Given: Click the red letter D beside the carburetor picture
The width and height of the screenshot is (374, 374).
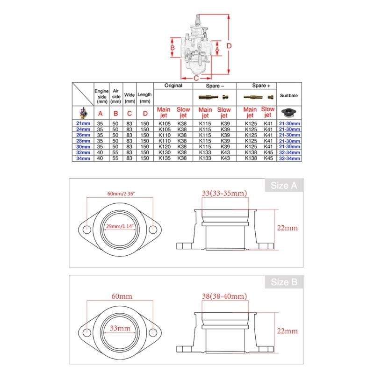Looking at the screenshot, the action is tap(230, 46).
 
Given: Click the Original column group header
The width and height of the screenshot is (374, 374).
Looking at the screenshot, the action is tap(173, 86).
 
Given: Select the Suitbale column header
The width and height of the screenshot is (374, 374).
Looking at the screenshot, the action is tap(289, 95).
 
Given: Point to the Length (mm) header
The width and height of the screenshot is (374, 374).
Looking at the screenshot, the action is tap(145, 97).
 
